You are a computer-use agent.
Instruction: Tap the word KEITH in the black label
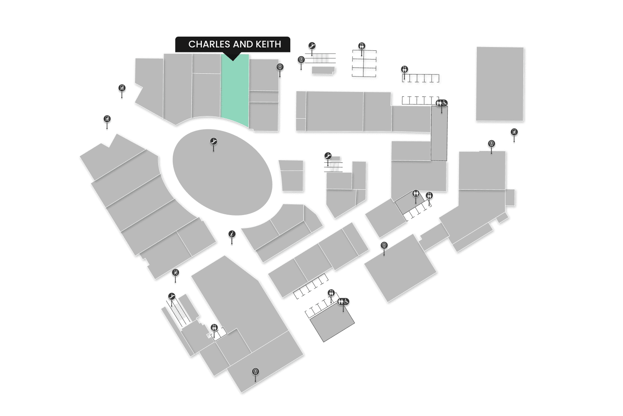(x=268, y=44)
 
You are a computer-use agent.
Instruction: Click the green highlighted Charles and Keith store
(x=235, y=92)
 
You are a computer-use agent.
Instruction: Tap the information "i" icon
(x=232, y=235)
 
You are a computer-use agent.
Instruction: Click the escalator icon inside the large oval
(x=213, y=141)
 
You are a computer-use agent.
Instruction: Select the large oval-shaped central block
(x=222, y=175)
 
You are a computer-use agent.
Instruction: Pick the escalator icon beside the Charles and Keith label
(x=312, y=46)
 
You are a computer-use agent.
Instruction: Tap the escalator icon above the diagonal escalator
(x=172, y=297)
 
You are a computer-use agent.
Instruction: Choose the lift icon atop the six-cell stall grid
(x=362, y=46)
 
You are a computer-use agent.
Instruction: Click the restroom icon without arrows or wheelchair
(x=416, y=193)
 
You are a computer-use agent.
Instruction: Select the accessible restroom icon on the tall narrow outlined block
(x=441, y=103)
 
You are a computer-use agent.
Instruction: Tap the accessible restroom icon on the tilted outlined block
(x=343, y=302)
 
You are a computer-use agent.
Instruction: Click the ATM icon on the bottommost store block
(x=255, y=371)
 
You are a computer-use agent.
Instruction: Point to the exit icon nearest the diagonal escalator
(x=176, y=273)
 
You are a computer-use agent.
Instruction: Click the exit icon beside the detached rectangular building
(x=514, y=132)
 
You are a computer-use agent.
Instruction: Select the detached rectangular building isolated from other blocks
(x=500, y=84)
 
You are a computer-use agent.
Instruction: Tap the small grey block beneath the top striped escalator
(x=322, y=70)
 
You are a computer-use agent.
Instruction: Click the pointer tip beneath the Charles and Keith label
(x=233, y=59)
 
